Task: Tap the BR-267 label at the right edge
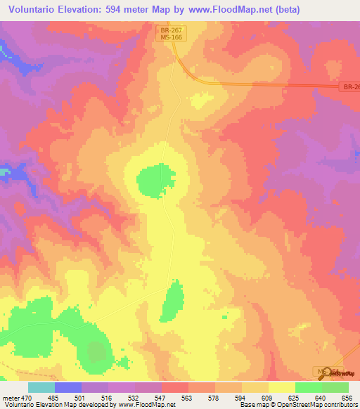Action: [352, 87]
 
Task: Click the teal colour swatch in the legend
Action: [41, 387]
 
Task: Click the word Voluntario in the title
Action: [32, 10]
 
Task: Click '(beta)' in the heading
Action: [285, 10]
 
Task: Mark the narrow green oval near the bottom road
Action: [171, 301]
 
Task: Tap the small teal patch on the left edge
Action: [4, 171]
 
